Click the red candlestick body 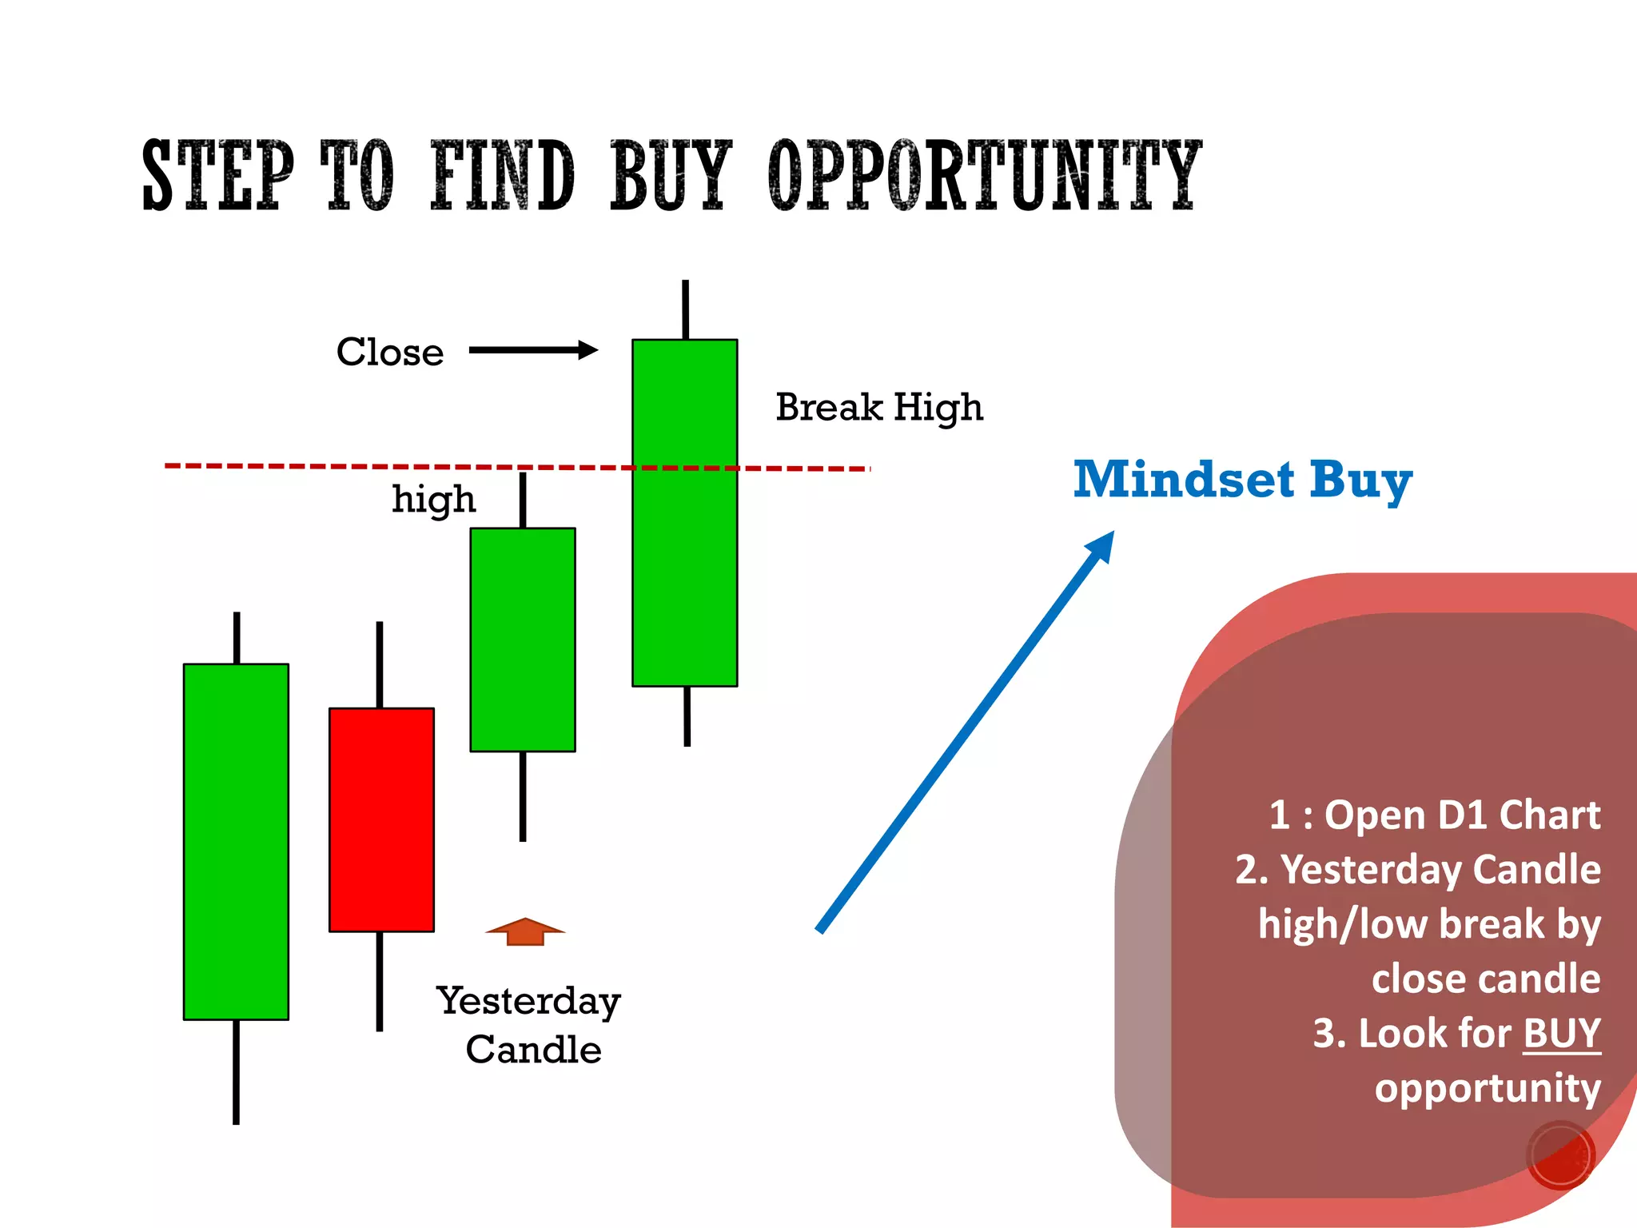click(x=381, y=819)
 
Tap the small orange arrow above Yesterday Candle click(x=525, y=932)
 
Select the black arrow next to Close click(x=533, y=350)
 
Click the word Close click(x=389, y=353)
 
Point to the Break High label click(x=878, y=409)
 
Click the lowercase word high click(x=433, y=500)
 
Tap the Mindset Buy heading click(x=1242, y=480)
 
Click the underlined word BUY click(x=1561, y=1033)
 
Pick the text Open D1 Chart click(x=1462, y=815)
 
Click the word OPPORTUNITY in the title click(x=984, y=176)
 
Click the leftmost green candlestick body click(x=236, y=841)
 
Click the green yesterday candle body click(x=523, y=640)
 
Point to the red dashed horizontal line click(x=320, y=465)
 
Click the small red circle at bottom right click(x=1560, y=1156)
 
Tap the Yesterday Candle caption click(x=530, y=1025)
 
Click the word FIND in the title click(x=502, y=176)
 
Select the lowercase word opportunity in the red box click(x=1487, y=1089)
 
